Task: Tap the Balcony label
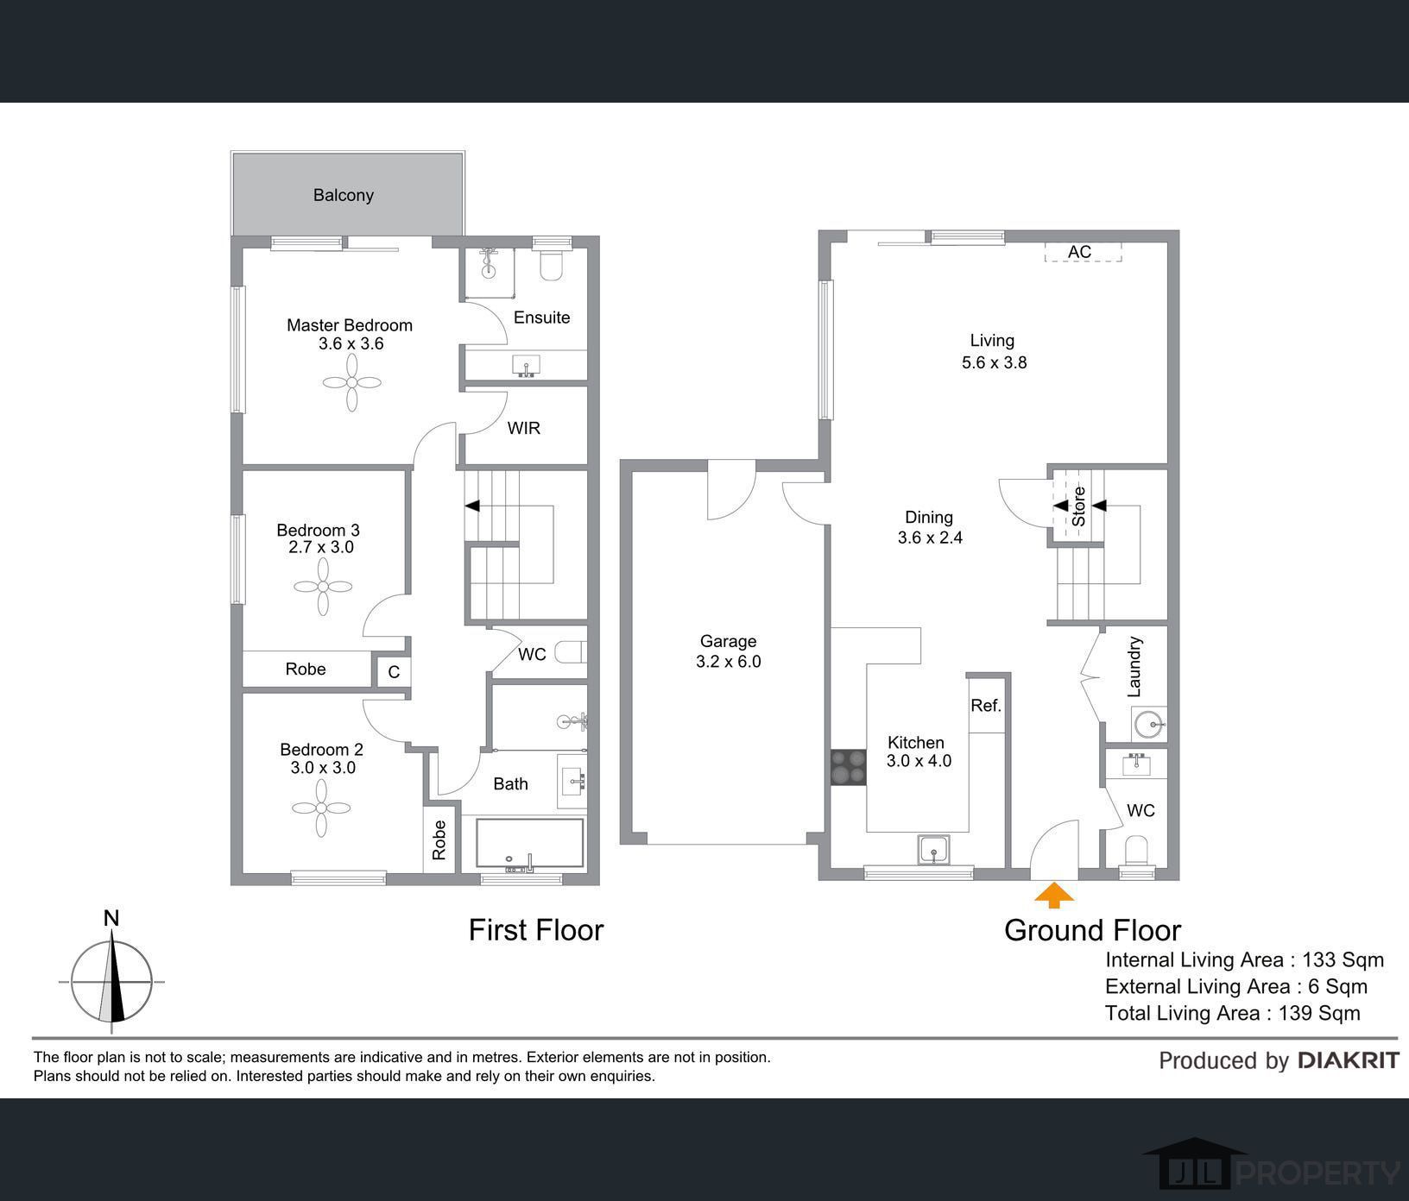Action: [x=344, y=195]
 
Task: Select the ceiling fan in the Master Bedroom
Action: [x=352, y=382]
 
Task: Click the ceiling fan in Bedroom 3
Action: [x=323, y=587]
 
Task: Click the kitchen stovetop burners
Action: [x=848, y=767]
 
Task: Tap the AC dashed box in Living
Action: [x=1083, y=252]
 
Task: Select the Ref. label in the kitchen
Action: [x=986, y=705]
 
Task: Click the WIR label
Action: [x=524, y=428]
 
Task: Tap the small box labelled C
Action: [x=393, y=672]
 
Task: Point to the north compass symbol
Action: [x=111, y=975]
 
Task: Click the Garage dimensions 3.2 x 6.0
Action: [x=729, y=662]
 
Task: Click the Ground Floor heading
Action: [x=1092, y=930]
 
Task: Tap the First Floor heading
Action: [x=536, y=930]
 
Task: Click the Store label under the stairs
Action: [x=1078, y=506]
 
